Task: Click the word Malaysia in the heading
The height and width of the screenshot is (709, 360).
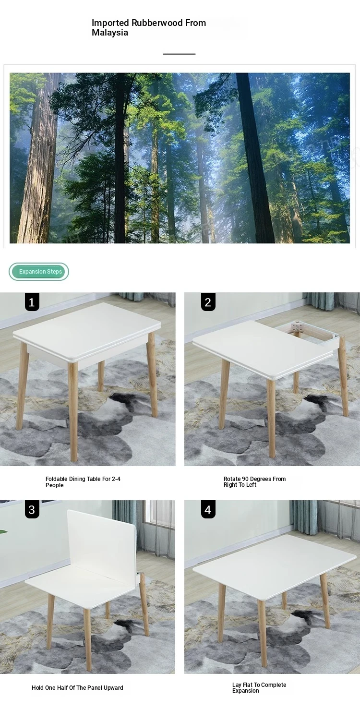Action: [x=110, y=33]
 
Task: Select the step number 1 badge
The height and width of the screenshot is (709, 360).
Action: [x=32, y=302]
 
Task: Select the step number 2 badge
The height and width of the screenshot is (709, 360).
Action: [x=208, y=302]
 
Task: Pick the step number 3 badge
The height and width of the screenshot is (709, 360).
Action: [x=32, y=510]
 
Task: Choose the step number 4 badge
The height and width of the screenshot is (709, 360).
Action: [x=208, y=510]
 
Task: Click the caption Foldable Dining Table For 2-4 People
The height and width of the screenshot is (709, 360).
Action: [x=83, y=482]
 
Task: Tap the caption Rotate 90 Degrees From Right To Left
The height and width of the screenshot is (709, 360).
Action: [x=254, y=482]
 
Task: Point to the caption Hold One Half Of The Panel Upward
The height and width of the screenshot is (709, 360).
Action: [x=77, y=688]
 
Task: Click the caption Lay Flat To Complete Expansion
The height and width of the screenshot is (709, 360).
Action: [x=259, y=688]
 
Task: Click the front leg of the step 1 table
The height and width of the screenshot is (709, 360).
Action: [x=73, y=411]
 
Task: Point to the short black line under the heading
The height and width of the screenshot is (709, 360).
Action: [x=179, y=54]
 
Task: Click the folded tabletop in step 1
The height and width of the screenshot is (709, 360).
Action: [x=87, y=332]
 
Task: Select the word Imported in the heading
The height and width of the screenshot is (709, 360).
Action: [x=110, y=23]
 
